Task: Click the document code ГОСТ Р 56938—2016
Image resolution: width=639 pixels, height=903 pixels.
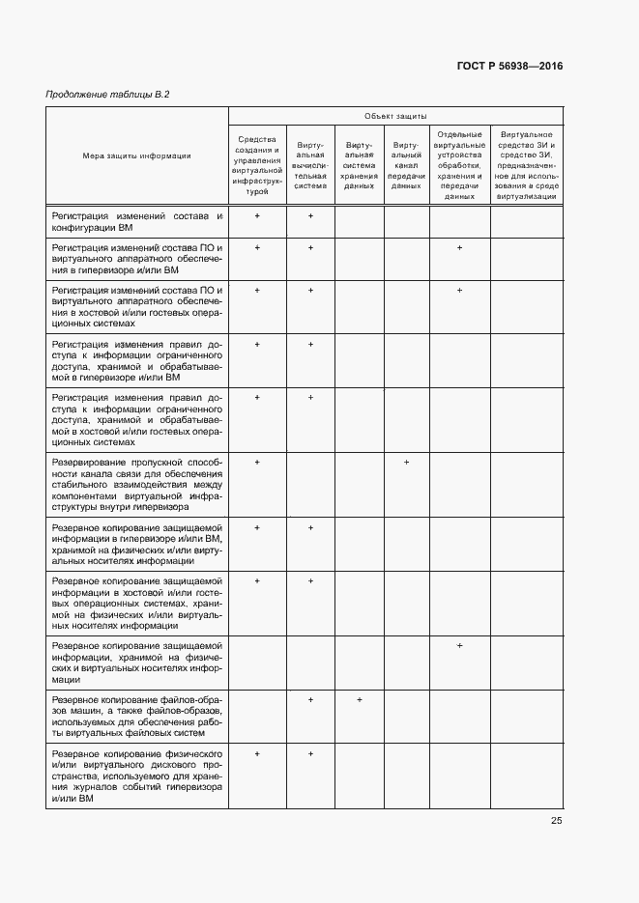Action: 508,66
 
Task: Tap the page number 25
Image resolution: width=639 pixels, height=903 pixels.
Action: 557,820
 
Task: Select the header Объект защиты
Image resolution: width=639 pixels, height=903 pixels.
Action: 395,116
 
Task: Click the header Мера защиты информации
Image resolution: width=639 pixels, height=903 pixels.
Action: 136,155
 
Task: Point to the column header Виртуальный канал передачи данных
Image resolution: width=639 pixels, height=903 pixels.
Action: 406,165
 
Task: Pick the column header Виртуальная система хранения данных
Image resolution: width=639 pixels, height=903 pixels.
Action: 360,165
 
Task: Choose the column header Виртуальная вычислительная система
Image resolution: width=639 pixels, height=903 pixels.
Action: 310,165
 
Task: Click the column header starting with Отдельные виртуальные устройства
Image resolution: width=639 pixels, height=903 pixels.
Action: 459,165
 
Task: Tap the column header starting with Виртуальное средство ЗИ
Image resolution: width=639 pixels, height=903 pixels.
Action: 526,165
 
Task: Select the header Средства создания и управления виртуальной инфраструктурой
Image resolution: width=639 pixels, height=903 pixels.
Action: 257,165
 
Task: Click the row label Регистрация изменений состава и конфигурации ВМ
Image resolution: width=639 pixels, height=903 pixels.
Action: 136,223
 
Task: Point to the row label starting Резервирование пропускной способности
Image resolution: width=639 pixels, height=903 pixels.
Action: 136,484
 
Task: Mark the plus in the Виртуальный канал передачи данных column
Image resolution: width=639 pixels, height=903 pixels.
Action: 407,463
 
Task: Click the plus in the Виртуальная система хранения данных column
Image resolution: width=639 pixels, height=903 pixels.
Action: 359,699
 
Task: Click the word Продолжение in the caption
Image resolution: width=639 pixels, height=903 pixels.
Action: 74,94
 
